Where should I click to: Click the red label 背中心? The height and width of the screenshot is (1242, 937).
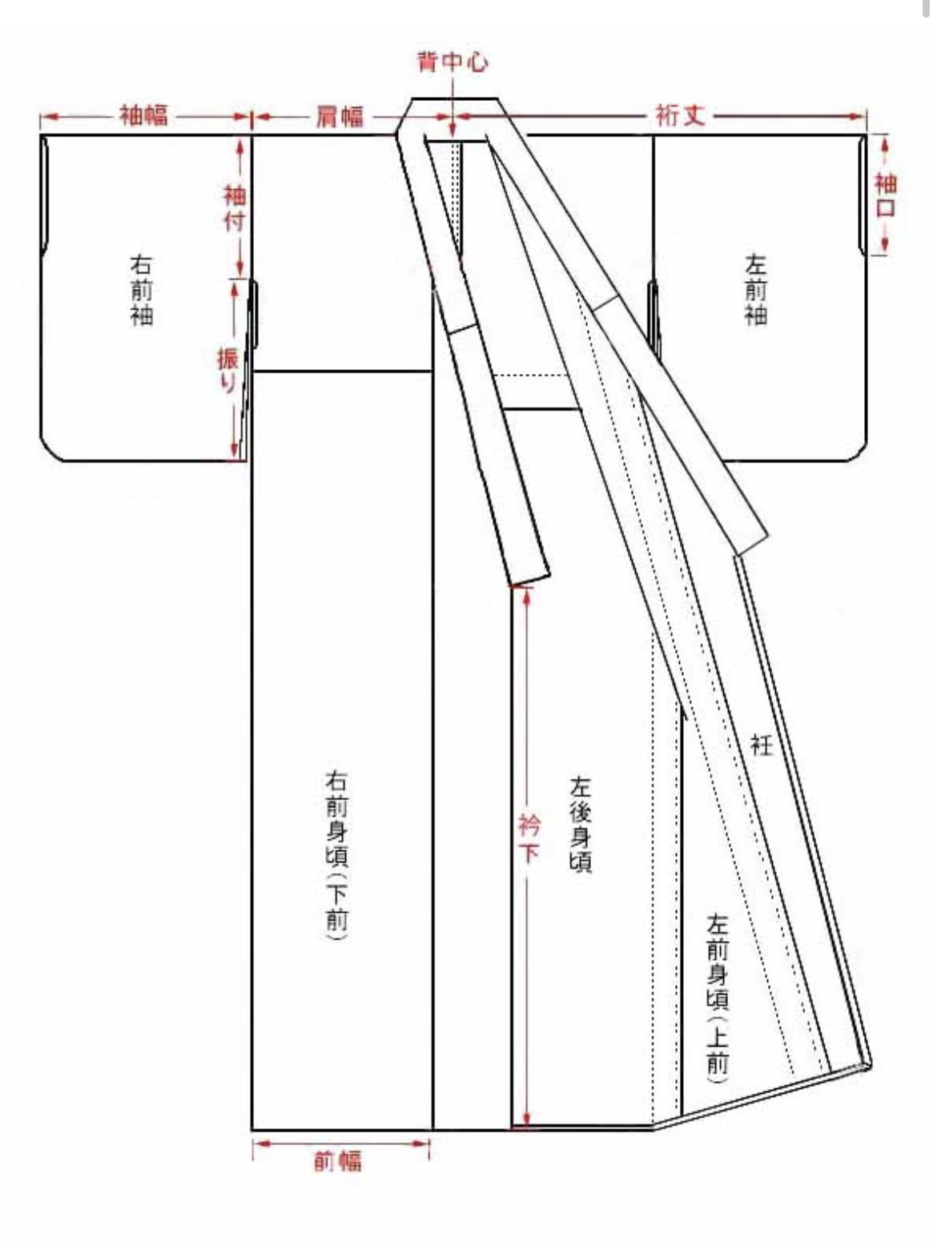click(x=452, y=62)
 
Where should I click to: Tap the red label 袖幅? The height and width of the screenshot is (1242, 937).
click(x=143, y=115)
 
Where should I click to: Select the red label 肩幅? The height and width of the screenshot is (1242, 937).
click(x=338, y=117)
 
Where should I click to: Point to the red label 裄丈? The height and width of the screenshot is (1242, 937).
click(x=681, y=115)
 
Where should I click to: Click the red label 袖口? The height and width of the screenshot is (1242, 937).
click(x=886, y=195)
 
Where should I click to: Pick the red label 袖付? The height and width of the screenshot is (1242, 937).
click(x=235, y=208)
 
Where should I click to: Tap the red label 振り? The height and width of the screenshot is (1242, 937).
click(x=227, y=371)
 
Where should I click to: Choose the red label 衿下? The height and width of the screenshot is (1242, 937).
click(x=529, y=839)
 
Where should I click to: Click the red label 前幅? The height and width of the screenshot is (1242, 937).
click(x=338, y=1162)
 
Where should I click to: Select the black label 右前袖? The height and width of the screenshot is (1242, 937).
click(x=142, y=291)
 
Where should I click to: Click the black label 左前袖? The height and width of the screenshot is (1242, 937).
click(x=755, y=291)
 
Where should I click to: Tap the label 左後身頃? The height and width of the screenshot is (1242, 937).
click(x=581, y=825)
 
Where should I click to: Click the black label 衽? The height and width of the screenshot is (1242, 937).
click(x=761, y=745)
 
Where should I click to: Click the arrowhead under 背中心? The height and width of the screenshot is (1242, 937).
click(x=452, y=130)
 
